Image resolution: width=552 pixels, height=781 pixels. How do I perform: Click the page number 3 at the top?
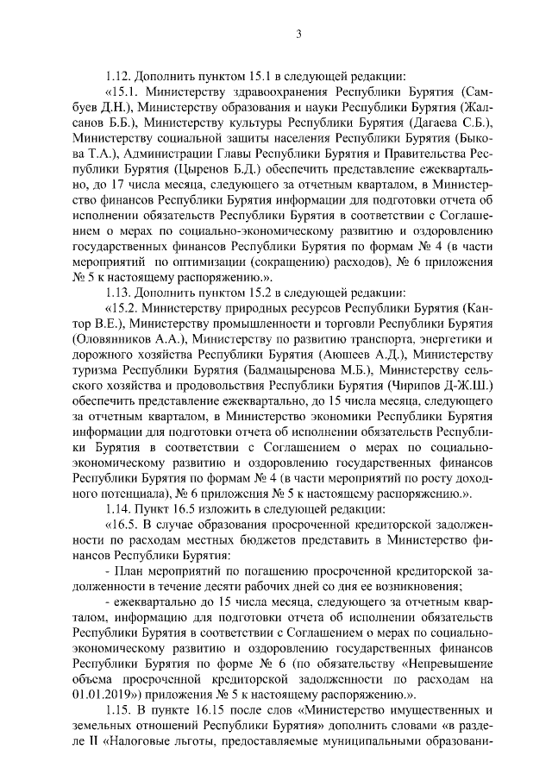(x=298, y=35)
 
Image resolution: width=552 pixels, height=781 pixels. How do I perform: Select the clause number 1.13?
(x=117, y=291)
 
